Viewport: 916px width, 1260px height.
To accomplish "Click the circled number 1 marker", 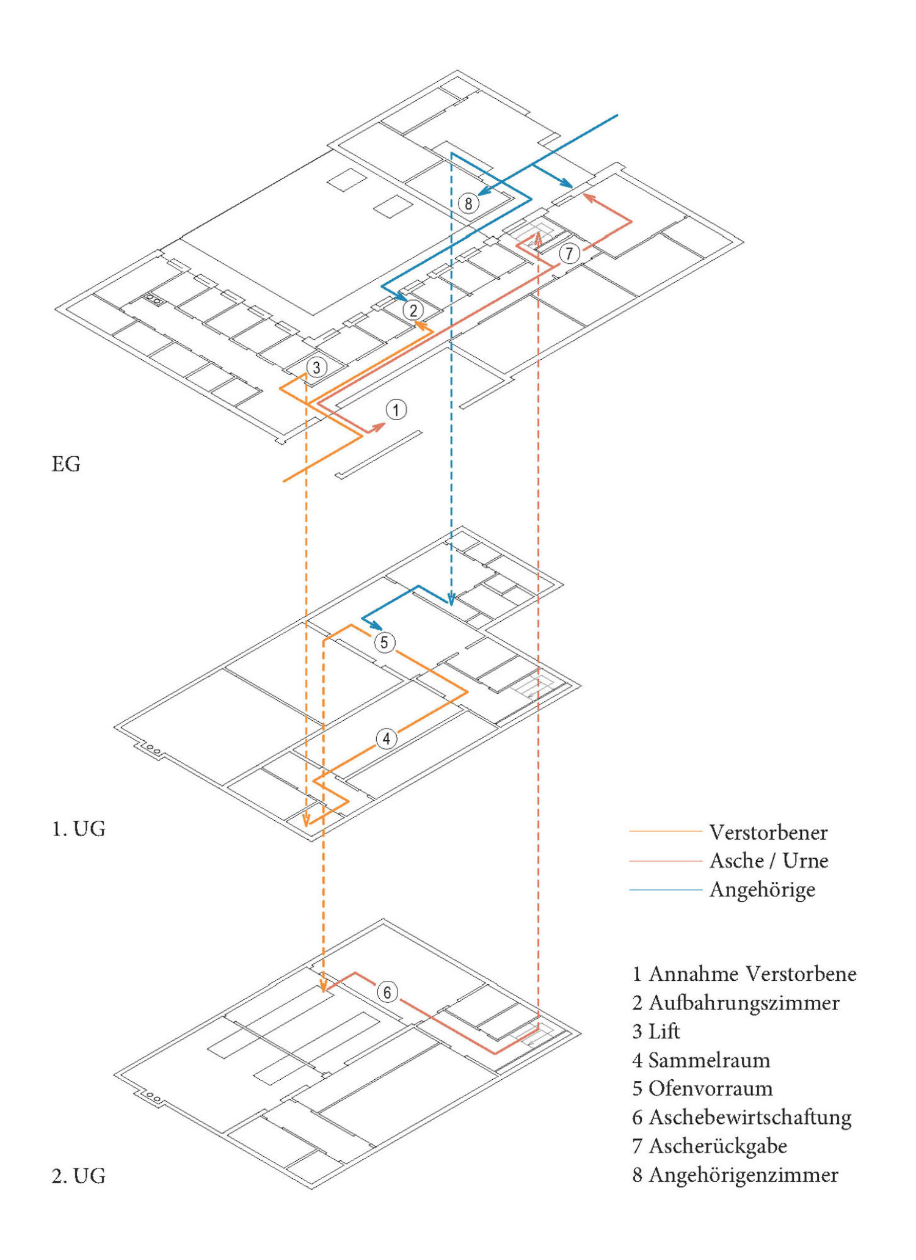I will click(396, 410).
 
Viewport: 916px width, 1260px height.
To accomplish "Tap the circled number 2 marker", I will click(413, 310).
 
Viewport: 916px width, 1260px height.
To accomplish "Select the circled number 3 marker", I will click(316, 368).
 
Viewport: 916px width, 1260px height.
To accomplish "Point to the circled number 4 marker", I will click(386, 739).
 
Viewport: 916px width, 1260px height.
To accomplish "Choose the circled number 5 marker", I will click(384, 643).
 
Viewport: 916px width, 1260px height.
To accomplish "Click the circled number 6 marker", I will click(387, 992).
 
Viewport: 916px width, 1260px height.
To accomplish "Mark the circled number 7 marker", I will click(569, 253).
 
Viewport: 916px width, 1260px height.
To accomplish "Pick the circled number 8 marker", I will click(468, 203).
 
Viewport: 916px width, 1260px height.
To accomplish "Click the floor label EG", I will click(66, 464).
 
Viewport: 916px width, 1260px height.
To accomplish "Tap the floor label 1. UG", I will click(79, 829).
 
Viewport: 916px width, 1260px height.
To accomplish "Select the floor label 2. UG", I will click(79, 1176).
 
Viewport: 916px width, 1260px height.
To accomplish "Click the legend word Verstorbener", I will click(768, 832).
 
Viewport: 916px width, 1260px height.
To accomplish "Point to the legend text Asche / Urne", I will click(768, 861).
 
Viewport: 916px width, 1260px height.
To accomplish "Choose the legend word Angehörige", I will click(762, 890).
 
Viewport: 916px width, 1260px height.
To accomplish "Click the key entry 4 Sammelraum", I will click(701, 1060).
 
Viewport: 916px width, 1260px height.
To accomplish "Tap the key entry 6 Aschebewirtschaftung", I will click(741, 1117).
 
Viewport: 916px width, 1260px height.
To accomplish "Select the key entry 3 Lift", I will click(656, 1032).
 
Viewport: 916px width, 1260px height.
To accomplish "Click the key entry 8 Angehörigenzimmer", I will click(735, 1174).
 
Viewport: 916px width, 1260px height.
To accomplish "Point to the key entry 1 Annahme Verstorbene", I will click(744, 974).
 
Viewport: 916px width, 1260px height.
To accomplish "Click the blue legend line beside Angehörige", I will click(666, 890).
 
